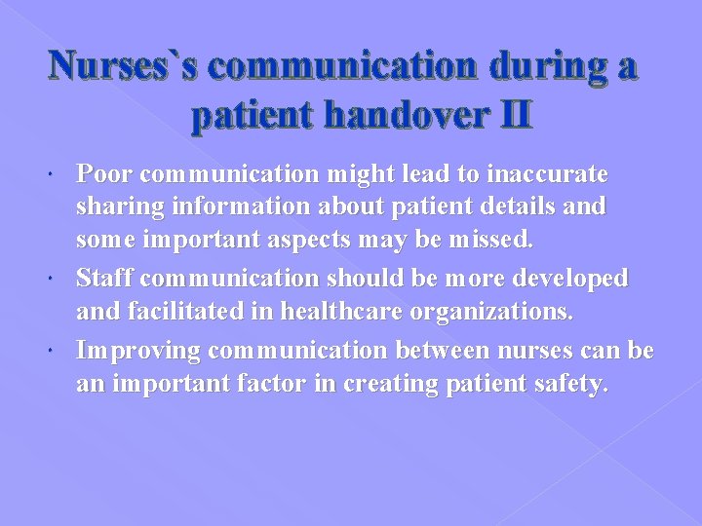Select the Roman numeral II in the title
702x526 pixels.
(509, 117)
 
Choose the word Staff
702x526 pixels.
(103, 280)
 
